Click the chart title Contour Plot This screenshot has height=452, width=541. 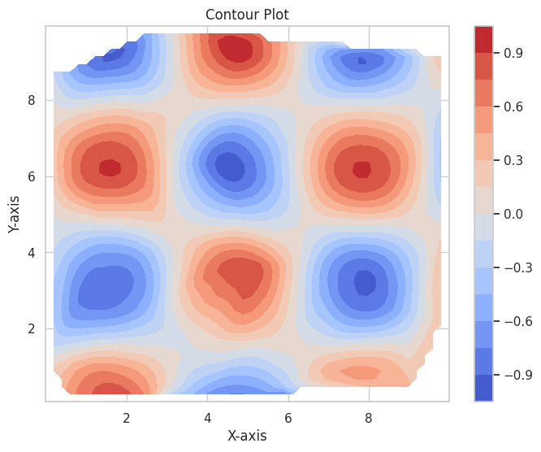[x=247, y=15]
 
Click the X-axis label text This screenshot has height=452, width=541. [x=247, y=435]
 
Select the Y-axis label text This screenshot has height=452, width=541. [x=15, y=214]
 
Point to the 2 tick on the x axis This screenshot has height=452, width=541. [x=126, y=418]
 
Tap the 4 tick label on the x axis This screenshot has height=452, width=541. [x=207, y=418]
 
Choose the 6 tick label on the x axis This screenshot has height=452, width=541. [x=288, y=418]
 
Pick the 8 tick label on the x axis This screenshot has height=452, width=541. [x=369, y=418]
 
